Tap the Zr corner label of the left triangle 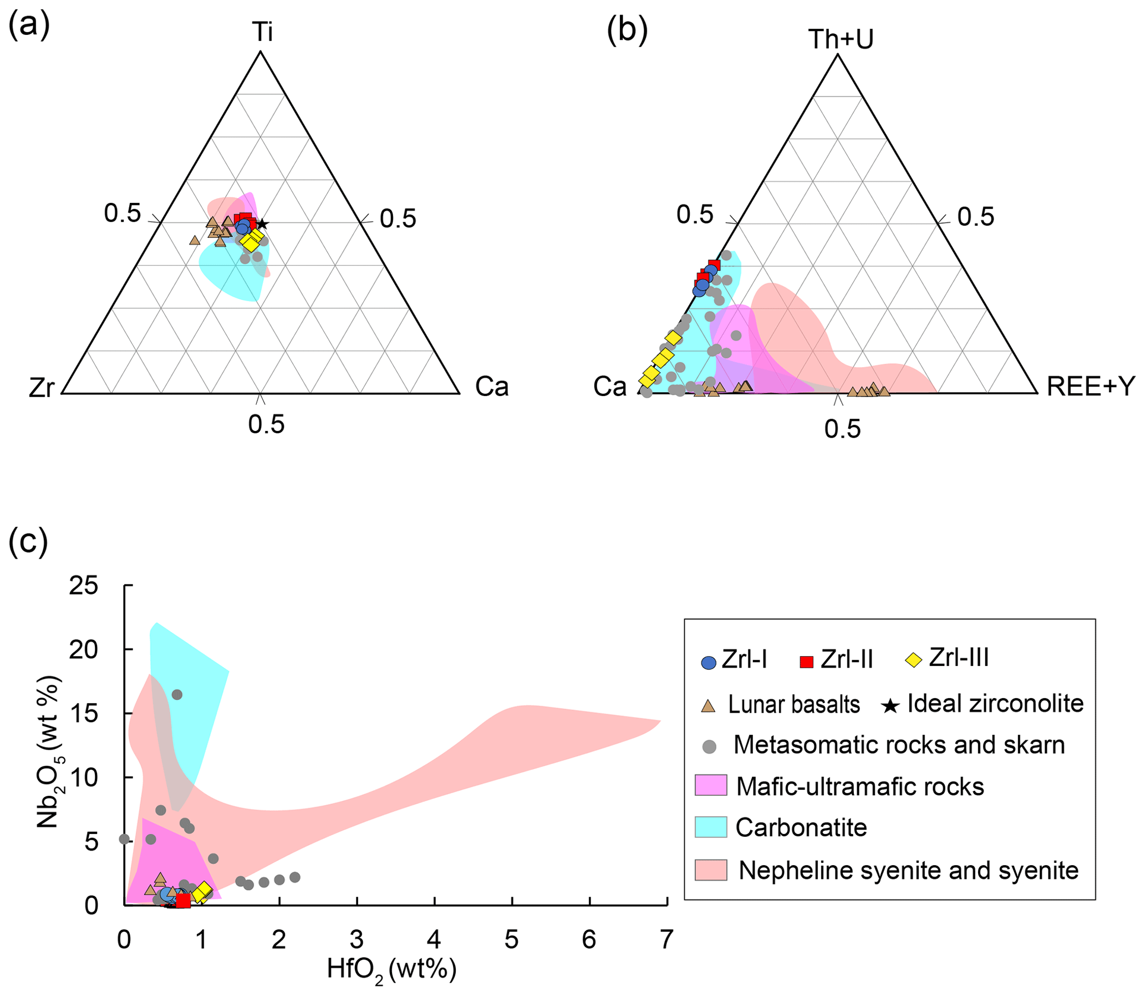[x=42, y=388]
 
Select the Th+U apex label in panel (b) [x=841, y=39]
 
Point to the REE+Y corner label [x=1091, y=387]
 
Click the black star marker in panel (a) [x=262, y=224]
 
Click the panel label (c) [x=28, y=542]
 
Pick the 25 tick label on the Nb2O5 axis [x=83, y=586]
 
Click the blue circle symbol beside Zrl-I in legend [x=709, y=663]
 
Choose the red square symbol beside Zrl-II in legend [x=807, y=662]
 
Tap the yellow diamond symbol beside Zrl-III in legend [x=913, y=660]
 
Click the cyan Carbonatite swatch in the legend [x=711, y=827]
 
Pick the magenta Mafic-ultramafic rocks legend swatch [x=711, y=785]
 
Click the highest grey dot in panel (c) [x=177, y=695]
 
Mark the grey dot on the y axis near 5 [x=125, y=839]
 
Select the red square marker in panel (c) [x=184, y=901]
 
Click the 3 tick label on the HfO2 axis [x=356, y=939]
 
